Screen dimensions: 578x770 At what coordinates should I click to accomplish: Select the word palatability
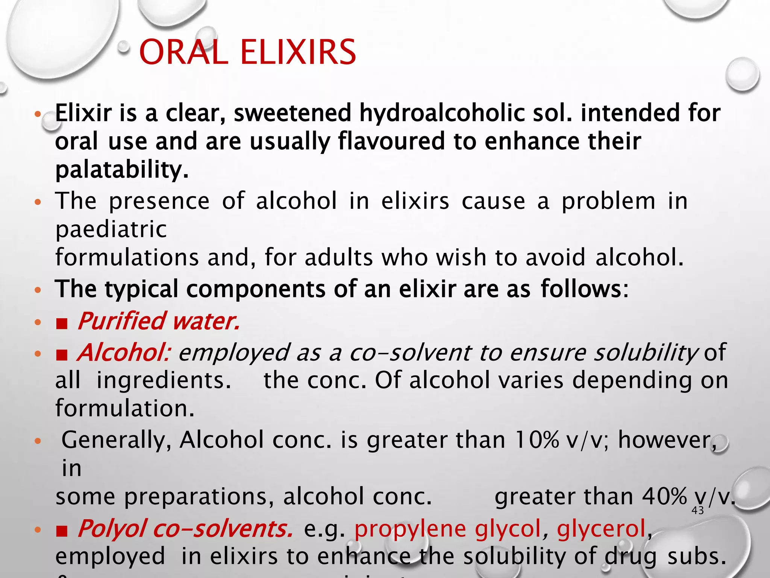(x=121, y=170)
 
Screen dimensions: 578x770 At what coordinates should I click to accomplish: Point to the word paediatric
(x=111, y=229)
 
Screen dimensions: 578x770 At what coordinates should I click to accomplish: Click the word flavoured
(x=391, y=141)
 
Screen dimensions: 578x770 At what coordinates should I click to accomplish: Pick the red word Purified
(x=121, y=321)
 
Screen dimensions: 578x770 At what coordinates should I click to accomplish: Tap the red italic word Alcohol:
(x=124, y=353)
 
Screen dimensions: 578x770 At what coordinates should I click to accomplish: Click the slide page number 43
(x=697, y=511)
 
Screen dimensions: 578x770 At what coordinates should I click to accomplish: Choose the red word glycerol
(x=601, y=529)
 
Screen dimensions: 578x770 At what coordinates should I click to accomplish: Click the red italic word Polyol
(x=111, y=529)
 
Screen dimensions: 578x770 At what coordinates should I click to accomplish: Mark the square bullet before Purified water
(x=62, y=323)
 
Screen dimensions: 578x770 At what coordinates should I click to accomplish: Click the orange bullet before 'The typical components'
(x=37, y=290)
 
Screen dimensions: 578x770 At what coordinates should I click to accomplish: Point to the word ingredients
(x=163, y=380)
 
